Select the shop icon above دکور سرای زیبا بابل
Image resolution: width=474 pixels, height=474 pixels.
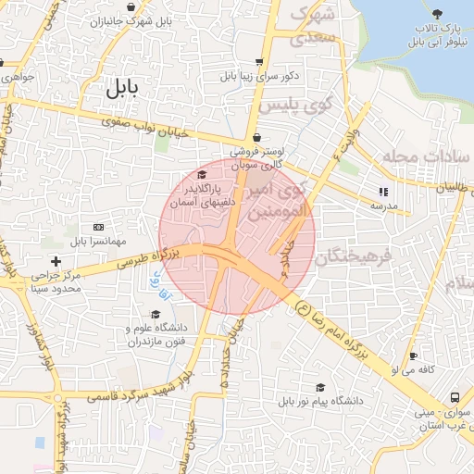pos(257,62)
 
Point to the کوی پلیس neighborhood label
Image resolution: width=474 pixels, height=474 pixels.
pos(293,106)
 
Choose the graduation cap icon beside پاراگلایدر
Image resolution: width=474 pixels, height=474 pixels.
pos(202,174)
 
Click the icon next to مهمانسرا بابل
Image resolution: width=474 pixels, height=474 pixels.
pos(98,227)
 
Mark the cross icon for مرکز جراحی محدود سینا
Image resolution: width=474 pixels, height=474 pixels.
pos(56,262)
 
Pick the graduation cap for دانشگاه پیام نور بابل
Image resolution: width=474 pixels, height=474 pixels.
pos(320,388)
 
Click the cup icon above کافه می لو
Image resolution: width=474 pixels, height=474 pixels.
pos(413,355)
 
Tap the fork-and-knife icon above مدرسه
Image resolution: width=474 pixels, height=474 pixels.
pos(382,193)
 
